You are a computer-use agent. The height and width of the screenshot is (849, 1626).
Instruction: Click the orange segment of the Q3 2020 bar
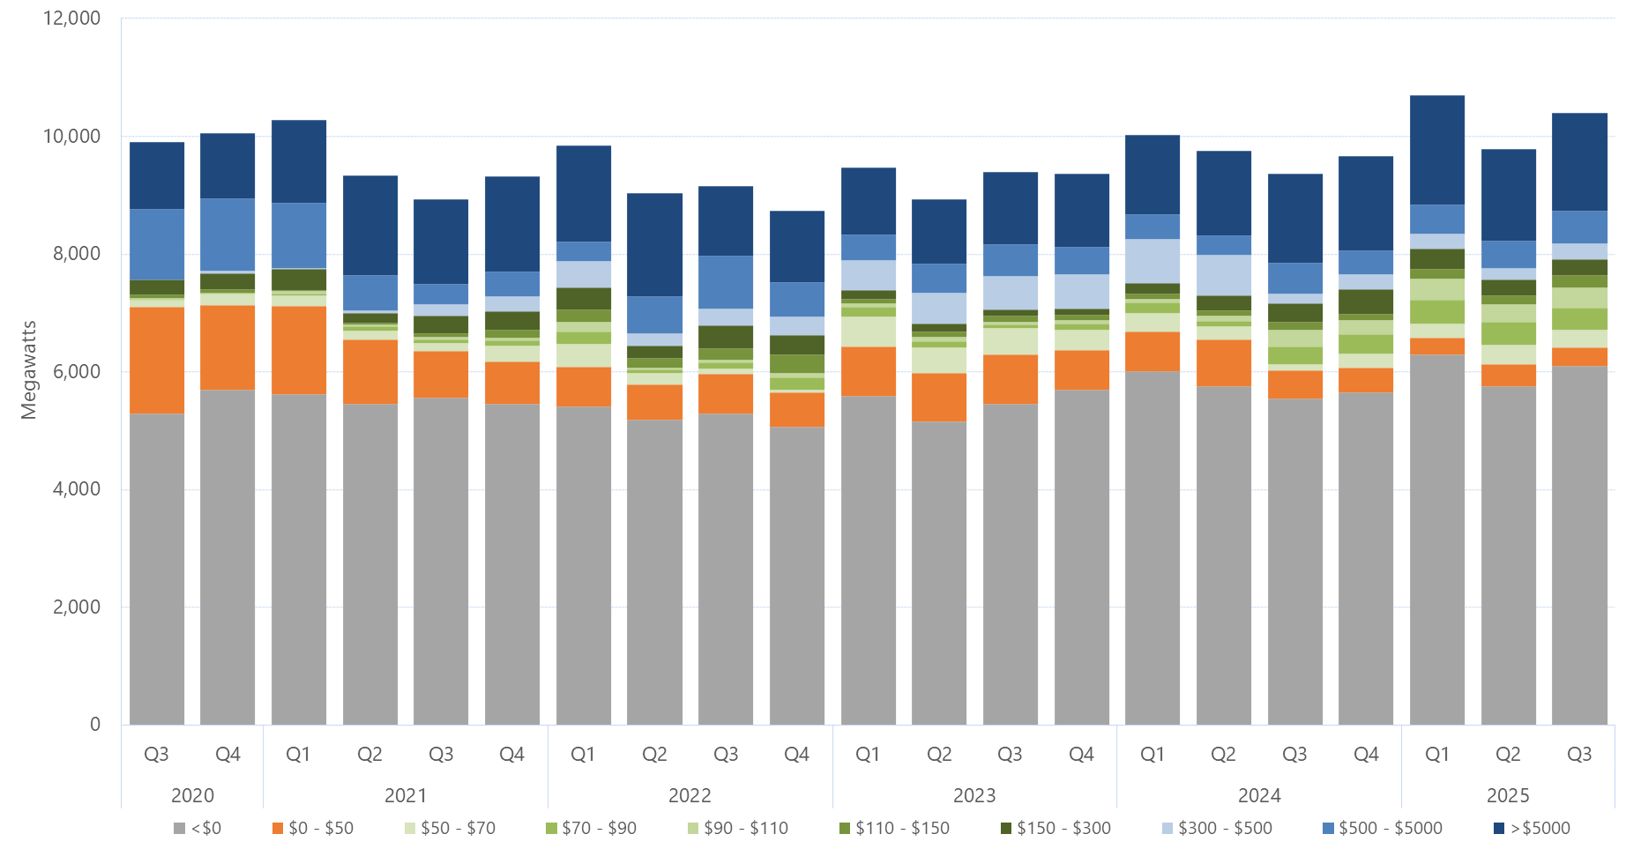pos(157,360)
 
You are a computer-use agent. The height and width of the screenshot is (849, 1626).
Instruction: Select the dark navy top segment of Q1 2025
pos(1436,150)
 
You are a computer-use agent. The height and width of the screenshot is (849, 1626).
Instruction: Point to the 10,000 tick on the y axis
pos(71,136)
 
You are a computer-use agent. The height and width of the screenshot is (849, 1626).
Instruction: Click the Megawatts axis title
pos(29,370)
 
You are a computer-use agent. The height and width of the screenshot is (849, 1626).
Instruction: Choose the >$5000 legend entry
pos(1532,828)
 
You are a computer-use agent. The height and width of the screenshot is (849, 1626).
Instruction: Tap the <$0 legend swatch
pos(180,828)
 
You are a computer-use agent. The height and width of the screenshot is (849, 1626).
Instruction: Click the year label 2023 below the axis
pos(974,795)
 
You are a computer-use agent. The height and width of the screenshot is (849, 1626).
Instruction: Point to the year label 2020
pos(192,795)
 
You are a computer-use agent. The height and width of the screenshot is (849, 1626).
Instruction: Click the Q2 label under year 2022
pos(654,755)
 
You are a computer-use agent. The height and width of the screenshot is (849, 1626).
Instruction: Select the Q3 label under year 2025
pos(1578,755)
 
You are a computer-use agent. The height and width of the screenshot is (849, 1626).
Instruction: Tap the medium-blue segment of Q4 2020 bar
pos(227,234)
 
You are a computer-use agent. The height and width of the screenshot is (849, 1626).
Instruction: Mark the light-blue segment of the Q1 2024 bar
pos(1152,260)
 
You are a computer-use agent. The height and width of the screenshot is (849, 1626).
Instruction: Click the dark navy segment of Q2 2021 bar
pos(369,225)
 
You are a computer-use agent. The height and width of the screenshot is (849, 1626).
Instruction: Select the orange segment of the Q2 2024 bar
pos(1223,362)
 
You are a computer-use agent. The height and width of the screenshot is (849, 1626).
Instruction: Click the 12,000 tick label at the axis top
pos(71,19)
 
